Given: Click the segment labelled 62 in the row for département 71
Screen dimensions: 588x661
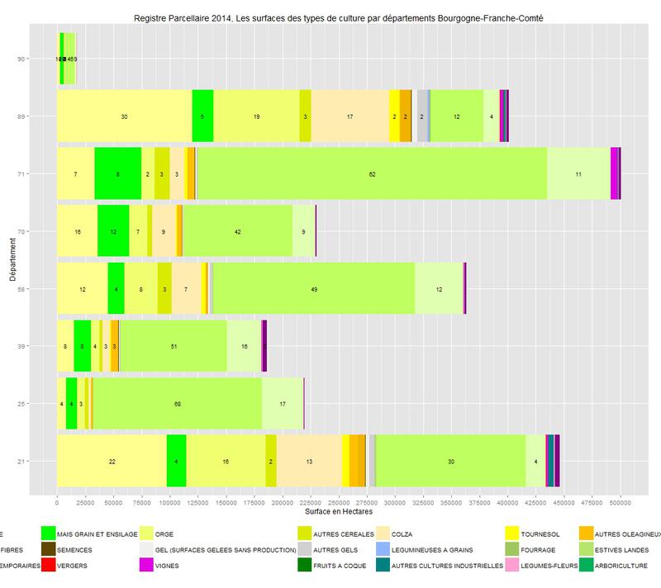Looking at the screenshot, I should [x=373, y=173].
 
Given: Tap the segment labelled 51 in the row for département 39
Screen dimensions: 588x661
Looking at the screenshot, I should [x=174, y=346].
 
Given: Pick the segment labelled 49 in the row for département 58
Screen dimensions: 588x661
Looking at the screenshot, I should [x=314, y=288].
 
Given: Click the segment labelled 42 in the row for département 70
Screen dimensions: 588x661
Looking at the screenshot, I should [x=238, y=231].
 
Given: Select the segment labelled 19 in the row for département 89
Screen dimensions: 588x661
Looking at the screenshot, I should [x=256, y=116].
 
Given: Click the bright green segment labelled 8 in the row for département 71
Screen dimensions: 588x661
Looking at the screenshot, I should [x=118, y=173].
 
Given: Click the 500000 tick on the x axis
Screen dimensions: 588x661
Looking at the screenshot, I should [x=621, y=501].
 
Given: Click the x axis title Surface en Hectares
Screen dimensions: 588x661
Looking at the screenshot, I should [x=339, y=513].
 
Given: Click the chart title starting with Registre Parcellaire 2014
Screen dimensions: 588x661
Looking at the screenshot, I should [x=339, y=16].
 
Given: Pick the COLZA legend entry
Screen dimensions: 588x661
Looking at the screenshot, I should [x=397, y=533].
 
